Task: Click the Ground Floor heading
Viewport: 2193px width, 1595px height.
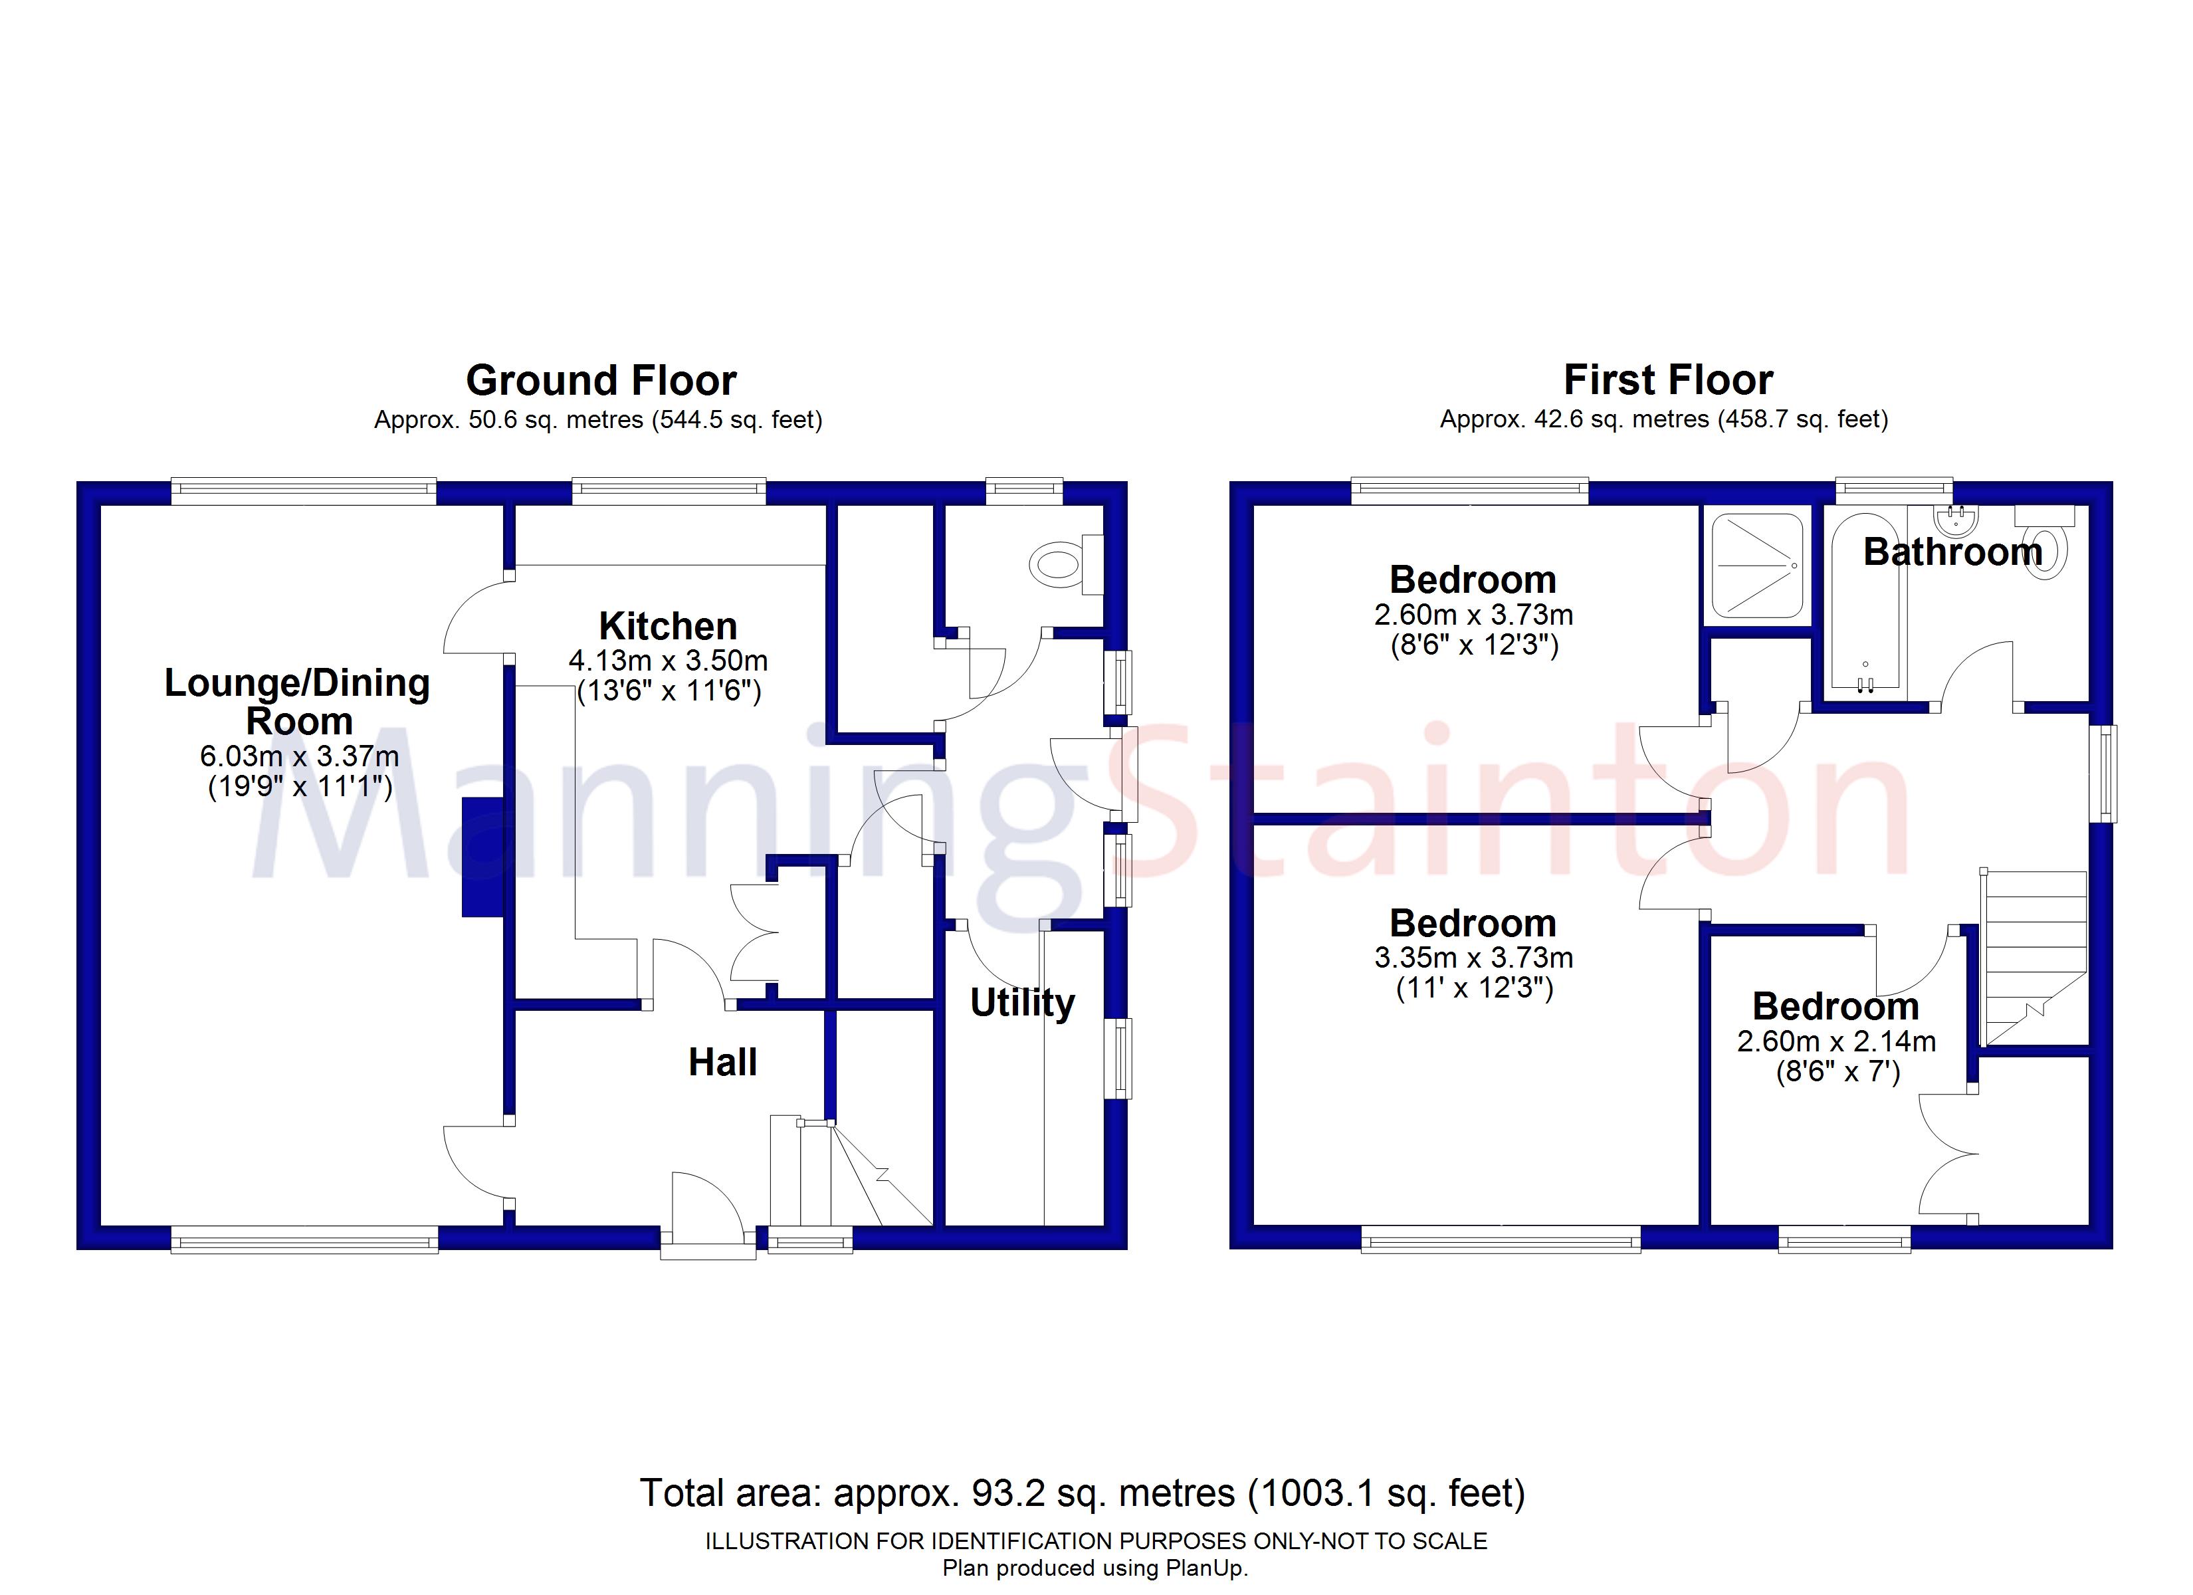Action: click(601, 380)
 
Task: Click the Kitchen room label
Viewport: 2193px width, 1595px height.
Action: click(667, 626)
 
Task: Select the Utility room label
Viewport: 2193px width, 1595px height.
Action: click(1022, 1002)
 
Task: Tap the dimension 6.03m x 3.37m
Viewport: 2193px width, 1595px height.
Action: click(299, 756)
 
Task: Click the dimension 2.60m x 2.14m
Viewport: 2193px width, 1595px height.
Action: click(1835, 1041)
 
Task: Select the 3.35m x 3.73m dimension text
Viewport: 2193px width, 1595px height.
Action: click(1473, 958)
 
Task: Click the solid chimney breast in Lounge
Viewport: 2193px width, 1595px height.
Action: click(482, 856)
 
